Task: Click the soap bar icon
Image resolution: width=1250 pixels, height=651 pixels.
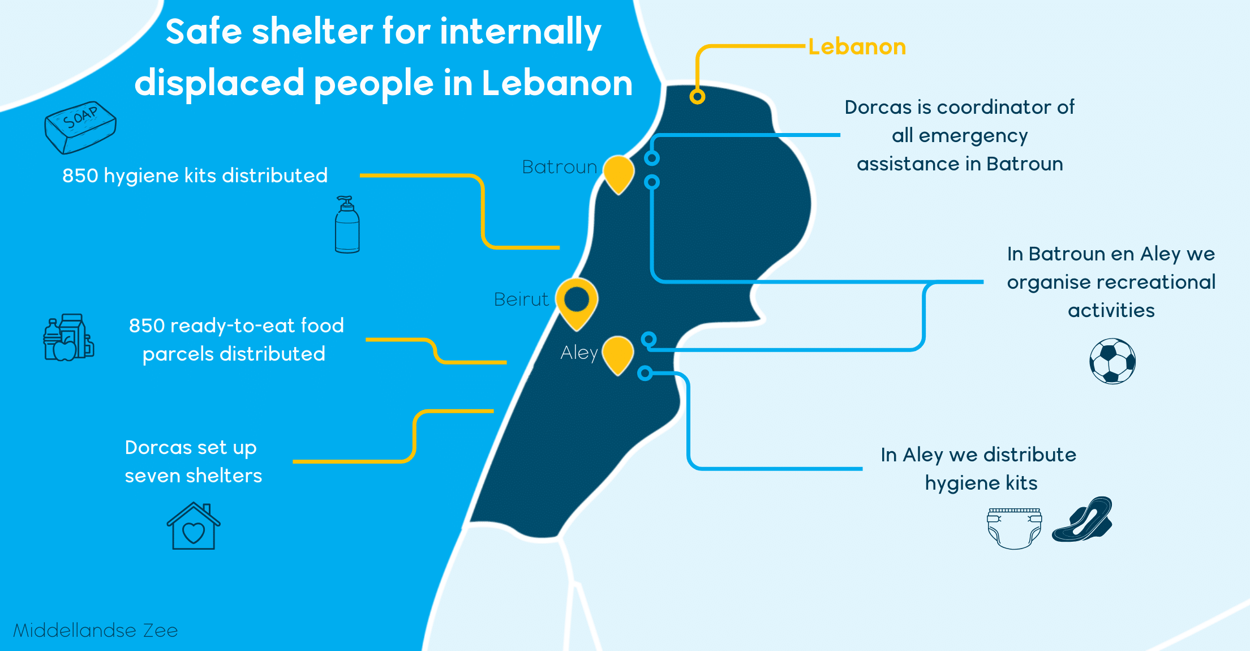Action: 80,127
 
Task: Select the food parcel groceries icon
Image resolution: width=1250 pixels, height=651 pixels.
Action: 68,337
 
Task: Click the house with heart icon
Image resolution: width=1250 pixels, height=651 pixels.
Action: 194,526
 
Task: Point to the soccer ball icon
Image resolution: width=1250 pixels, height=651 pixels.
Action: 1112,361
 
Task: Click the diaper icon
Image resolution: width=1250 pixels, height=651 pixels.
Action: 1015,528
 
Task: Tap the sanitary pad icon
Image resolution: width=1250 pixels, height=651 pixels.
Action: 1082,520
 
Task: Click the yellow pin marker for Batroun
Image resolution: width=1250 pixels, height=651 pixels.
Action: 618,174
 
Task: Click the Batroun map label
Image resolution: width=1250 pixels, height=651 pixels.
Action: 559,167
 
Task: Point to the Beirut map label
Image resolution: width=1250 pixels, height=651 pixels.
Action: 521,299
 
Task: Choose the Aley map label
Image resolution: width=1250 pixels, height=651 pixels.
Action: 579,353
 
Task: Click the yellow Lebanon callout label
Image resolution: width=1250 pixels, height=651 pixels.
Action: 857,46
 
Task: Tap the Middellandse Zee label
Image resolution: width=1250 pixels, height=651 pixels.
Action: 96,630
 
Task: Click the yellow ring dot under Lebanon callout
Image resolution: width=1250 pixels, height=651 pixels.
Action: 697,97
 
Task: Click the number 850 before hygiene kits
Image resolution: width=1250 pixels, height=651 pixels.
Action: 80,175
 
